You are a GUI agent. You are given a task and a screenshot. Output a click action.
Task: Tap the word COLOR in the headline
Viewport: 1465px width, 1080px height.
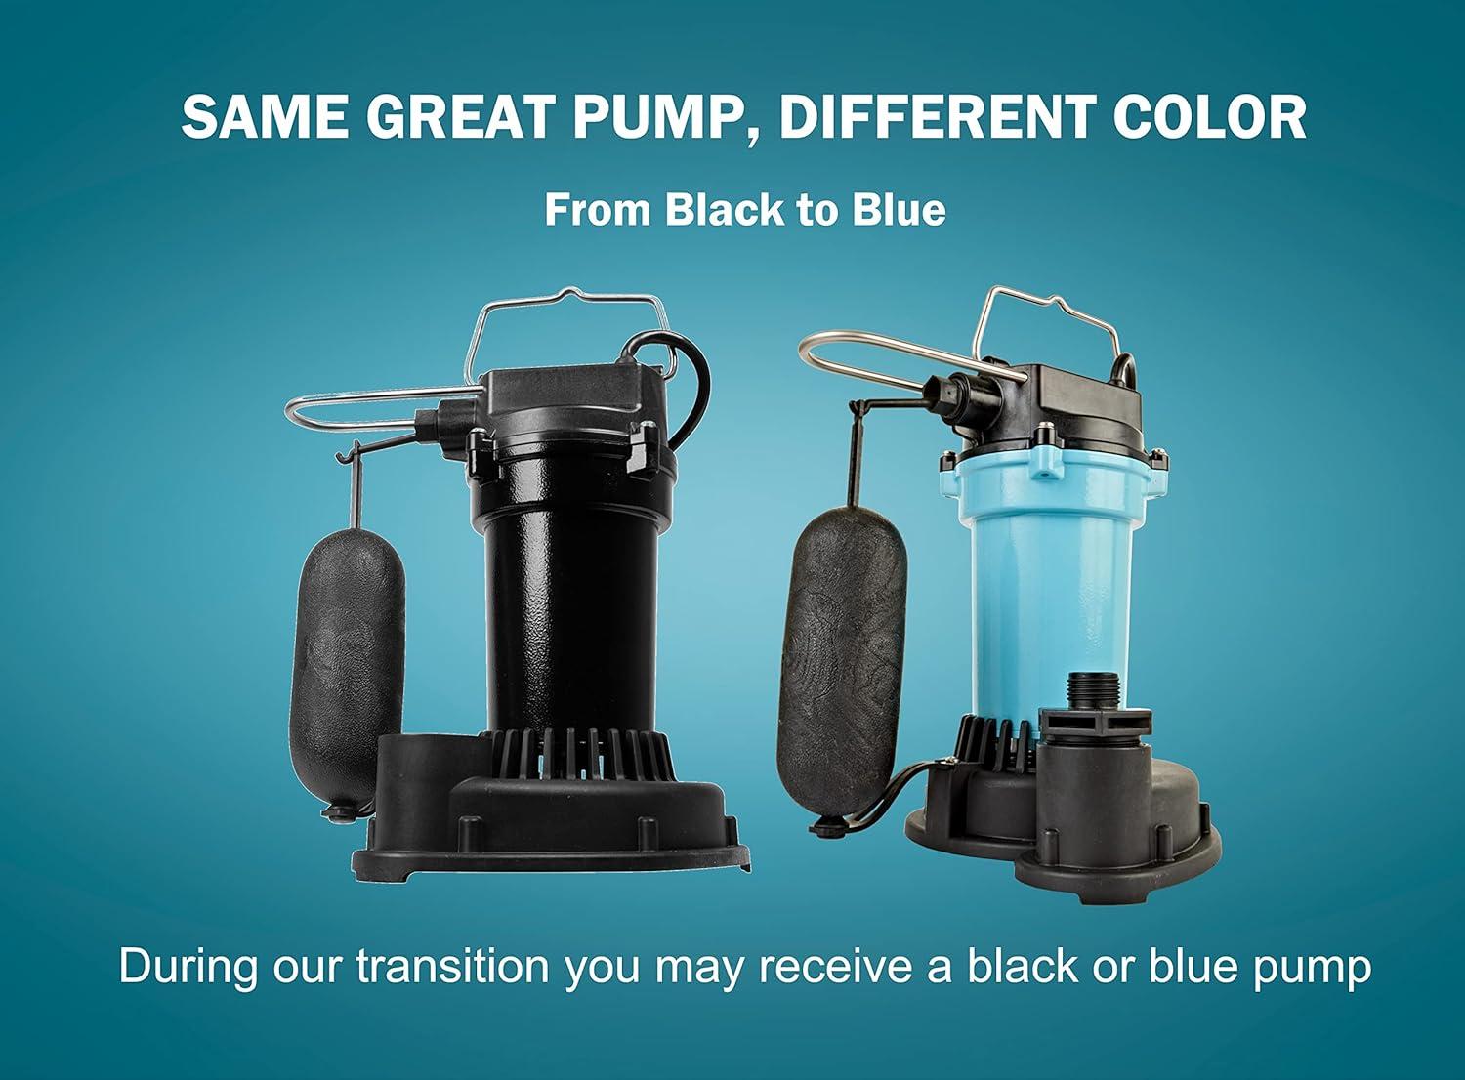point(1211,117)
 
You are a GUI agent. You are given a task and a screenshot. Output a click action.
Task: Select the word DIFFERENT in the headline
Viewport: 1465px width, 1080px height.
point(937,117)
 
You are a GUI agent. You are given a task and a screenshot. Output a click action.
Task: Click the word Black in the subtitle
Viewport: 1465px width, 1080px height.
point(716,210)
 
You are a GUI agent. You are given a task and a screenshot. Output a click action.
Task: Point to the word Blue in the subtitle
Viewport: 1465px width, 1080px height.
point(899,210)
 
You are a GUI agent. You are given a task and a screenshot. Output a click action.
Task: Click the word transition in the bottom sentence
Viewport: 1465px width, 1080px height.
point(452,966)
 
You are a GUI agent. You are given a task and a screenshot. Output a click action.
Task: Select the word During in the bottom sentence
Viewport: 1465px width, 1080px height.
point(188,966)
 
